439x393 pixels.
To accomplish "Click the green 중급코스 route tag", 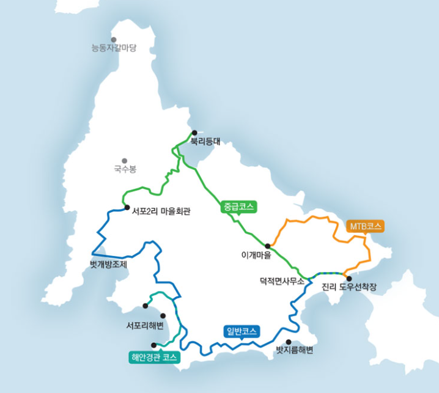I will click(239, 207).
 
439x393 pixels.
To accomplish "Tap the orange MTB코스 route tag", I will click(365, 226).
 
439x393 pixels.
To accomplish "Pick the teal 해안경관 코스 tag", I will click(155, 358).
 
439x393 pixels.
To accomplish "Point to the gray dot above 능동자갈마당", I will click(114, 39).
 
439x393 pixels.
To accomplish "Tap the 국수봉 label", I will click(125, 168).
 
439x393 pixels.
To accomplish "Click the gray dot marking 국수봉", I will click(125, 161).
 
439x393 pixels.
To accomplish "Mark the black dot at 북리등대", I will click(194, 132).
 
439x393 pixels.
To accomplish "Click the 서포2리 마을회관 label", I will click(161, 212).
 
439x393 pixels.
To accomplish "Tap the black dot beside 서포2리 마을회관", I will click(127, 207).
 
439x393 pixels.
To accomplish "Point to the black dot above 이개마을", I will click(267, 246).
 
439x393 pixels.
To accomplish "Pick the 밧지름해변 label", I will click(295, 350).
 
